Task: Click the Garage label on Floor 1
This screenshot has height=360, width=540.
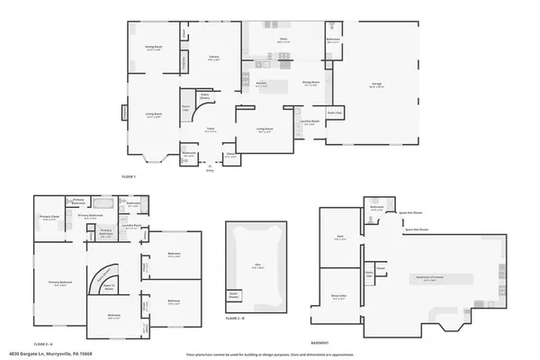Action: tap(377, 85)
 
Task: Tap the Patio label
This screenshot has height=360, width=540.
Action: tap(282, 40)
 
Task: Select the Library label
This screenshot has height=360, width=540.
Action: tap(214, 58)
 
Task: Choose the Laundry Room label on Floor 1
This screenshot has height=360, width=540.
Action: tap(309, 122)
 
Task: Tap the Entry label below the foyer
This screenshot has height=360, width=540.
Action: tap(211, 169)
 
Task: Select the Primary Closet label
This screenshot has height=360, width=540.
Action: tap(49, 217)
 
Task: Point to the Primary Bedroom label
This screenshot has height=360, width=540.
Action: tap(59, 283)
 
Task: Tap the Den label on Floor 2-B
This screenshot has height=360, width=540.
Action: tap(256, 265)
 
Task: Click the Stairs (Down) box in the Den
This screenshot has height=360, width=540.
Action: tap(234, 295)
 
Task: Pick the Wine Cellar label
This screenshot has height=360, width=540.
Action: tap(338, 298)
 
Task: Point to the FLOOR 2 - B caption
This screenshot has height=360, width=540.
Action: tap(235, 319)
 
